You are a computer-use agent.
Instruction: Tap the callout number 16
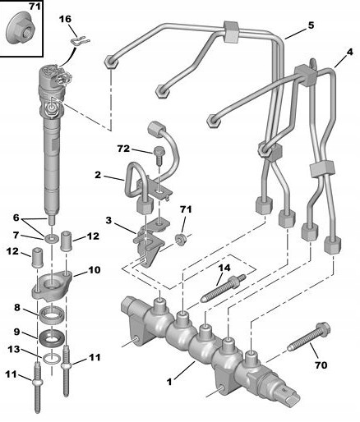tap(65, 20)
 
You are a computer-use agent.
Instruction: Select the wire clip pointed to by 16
tap(81, 41)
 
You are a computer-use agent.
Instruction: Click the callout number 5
tap(311, 25)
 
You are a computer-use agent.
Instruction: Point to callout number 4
tap(350, 52)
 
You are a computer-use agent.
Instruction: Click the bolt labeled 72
tap(159, 154)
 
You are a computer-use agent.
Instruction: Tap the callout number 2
tap(98, 175)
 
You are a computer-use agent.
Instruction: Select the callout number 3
tap(108, 220)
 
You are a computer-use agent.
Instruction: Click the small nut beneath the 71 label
tap(181, 238)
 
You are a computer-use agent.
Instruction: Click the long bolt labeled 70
tap(308, 337)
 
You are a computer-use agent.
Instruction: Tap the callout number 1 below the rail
tap(169, 381)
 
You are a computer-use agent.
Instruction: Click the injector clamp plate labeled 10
tap(53, 286)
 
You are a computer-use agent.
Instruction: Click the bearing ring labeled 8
tap(53, 315)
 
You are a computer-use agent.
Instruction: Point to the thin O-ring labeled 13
tap(52, 359)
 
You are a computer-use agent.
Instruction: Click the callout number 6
tap(16, 218)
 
